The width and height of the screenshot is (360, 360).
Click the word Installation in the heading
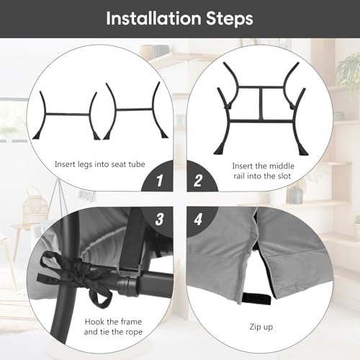153,19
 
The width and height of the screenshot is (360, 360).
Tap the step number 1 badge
160,181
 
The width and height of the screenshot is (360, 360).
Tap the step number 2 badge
198,181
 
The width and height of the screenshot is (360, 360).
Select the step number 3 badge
159,219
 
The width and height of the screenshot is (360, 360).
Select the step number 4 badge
198,219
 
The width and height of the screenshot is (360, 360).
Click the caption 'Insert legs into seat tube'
100,165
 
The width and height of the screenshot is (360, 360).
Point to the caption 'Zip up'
261,327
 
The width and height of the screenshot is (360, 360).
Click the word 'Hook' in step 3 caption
94,322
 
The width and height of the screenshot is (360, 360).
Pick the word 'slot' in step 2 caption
284,176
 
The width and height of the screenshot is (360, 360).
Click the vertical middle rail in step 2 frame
261,104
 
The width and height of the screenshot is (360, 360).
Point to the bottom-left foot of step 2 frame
219,150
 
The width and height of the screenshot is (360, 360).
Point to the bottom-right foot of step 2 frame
303,150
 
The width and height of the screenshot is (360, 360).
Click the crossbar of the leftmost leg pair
68,114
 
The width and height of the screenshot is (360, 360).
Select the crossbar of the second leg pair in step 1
134,109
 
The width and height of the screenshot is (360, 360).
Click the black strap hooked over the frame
133,240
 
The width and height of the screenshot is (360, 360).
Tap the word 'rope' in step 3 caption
134,332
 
